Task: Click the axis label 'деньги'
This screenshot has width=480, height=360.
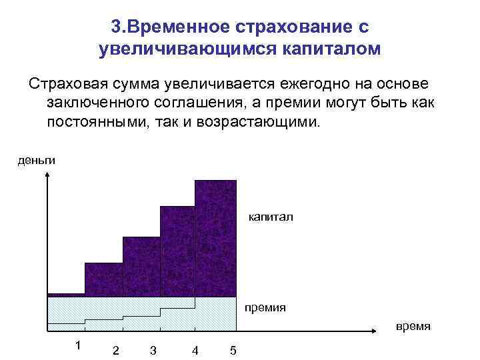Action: click(37, 160)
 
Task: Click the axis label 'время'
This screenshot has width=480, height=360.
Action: click(413, 327)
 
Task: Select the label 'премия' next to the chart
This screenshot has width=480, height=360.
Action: click(265, 307)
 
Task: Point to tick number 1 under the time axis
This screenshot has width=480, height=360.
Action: click(78, 345)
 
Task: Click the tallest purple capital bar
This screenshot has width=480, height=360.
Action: click(215, 237)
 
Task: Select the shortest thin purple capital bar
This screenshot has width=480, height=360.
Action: click(66, 294)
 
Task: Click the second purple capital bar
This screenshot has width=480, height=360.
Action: click(103, 279)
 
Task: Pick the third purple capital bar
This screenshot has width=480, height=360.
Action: click(141, 265)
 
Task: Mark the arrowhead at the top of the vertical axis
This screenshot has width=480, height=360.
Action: click(47, 177)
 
